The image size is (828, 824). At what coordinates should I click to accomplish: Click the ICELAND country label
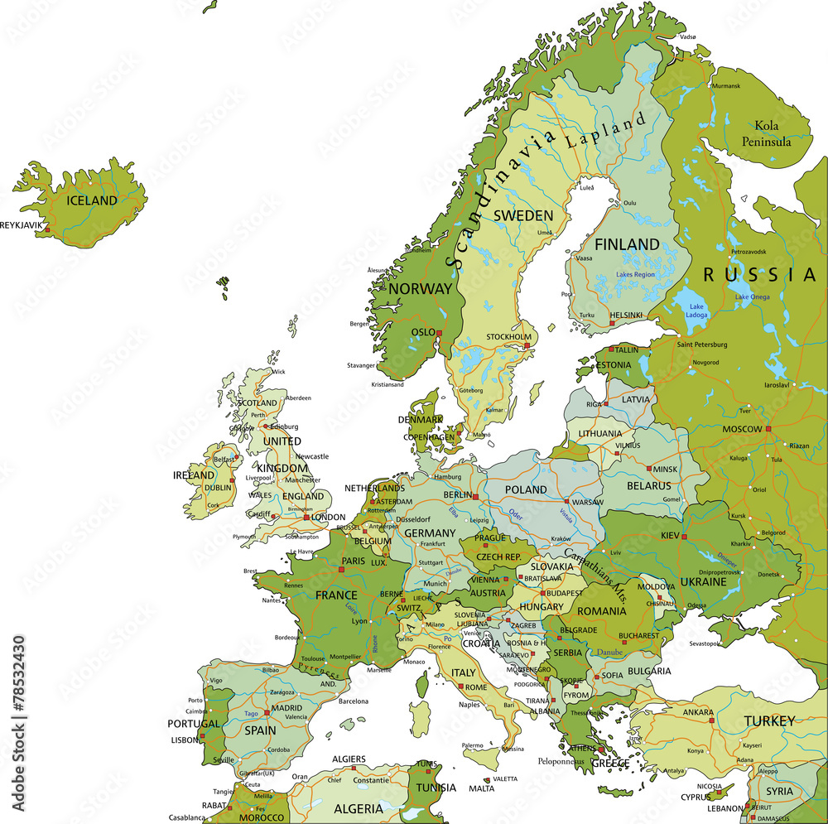92,200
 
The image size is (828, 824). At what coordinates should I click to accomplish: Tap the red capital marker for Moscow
768,429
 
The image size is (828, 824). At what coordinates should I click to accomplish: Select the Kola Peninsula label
772,133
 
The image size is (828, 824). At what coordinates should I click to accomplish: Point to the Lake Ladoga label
696,311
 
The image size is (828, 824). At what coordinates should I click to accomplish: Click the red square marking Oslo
440,333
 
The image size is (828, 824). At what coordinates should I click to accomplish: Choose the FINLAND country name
627,244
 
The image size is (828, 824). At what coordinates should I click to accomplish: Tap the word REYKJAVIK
21,224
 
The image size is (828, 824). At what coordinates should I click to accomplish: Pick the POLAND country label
526,489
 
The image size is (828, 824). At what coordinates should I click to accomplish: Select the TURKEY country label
769,721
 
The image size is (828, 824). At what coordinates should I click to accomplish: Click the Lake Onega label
752,296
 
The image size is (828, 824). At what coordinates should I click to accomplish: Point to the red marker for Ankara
711,720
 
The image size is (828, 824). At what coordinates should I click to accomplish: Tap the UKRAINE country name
703,581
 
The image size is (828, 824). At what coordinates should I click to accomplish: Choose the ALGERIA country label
358,808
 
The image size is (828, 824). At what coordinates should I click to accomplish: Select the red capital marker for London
306,518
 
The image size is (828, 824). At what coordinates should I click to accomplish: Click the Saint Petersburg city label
702,344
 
